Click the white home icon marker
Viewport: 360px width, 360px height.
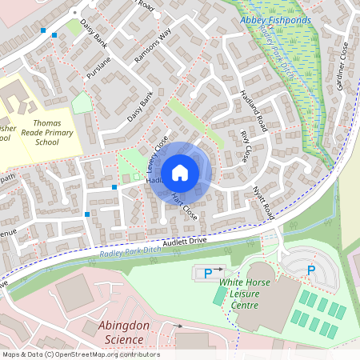click(x=180, y=173)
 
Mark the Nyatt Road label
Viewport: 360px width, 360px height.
click(x=262, y=202)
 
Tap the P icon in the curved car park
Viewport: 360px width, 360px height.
click(x=311, y=270)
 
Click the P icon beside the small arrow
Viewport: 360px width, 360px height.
click(x=208, y=273)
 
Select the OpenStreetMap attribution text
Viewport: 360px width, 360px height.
click(x=80, y=354)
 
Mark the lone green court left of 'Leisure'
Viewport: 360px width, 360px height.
click(x=220, y=294)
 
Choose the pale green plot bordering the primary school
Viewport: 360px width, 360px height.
click(x=82, y=102)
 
